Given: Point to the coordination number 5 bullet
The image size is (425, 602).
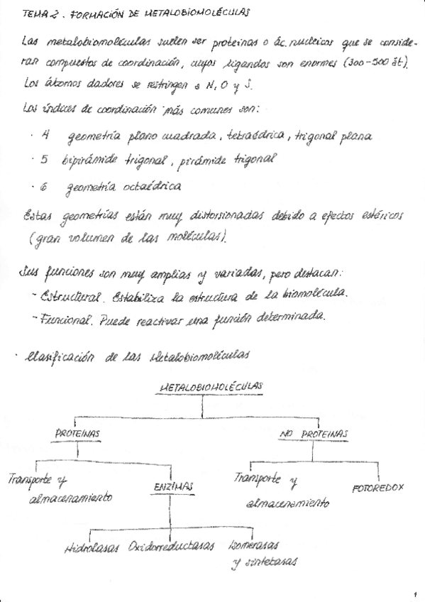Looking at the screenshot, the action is tap(44, 160).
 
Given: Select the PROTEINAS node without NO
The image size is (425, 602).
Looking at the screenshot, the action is tap(78, 433).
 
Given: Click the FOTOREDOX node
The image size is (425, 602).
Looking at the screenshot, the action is tap(377, 489).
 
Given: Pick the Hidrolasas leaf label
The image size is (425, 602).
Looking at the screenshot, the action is tap(94, 548).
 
